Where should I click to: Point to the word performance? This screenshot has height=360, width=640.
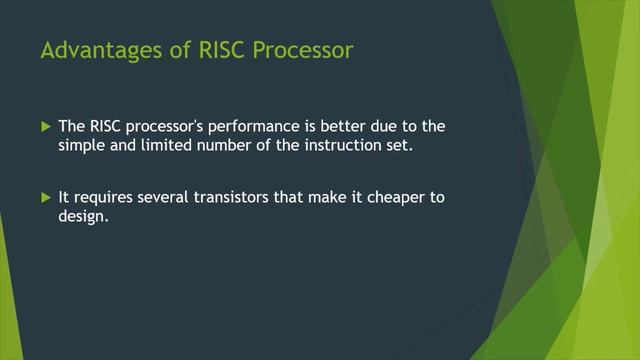tap(251, 127)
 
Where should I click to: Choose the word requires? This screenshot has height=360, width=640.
tap(104, 198)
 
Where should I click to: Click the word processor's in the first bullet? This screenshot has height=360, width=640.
tap(165, 127)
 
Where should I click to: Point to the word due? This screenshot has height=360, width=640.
tap(386, 127)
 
